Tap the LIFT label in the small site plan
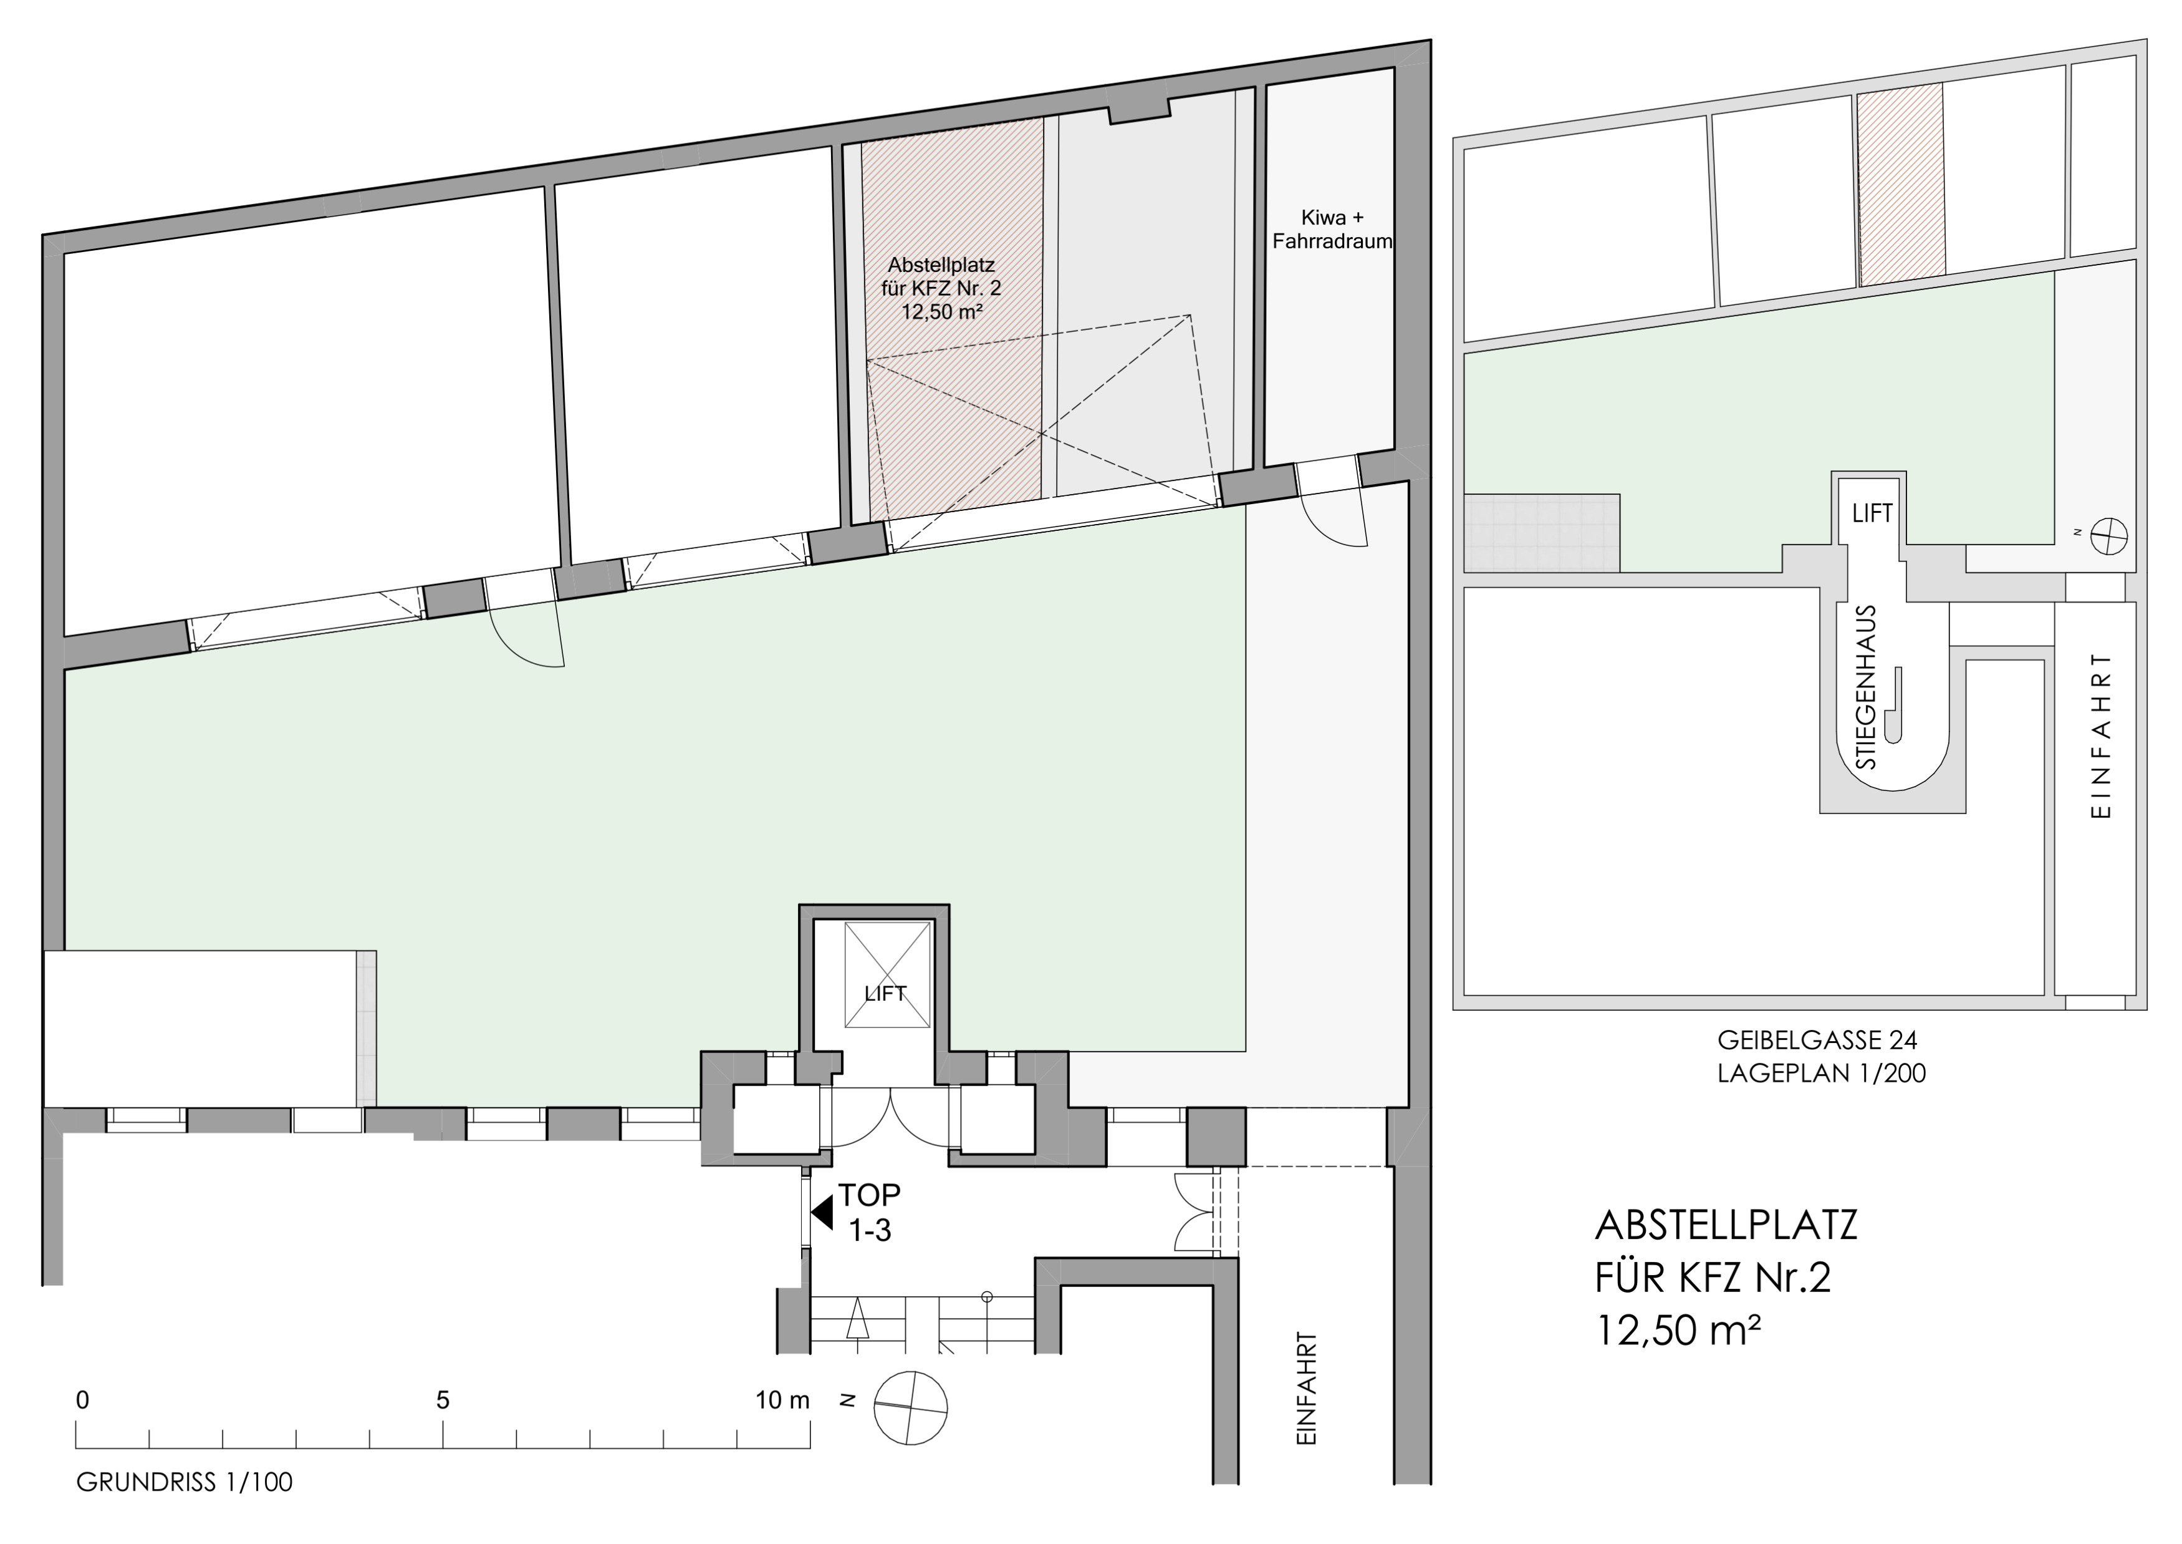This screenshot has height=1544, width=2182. click(1872, 513)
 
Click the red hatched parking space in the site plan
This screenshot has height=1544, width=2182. click(1901, 183)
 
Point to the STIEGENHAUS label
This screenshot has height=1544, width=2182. click(1867, 686)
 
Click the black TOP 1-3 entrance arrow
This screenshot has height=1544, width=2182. click(822, 1212)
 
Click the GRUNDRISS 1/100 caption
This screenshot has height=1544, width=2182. click(185, 1482)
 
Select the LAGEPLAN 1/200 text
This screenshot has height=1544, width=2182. click(1821, 1074)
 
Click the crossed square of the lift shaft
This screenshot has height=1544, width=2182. click(887, 974)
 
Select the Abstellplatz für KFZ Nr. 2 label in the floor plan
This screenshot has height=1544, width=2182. click(941, 287)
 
